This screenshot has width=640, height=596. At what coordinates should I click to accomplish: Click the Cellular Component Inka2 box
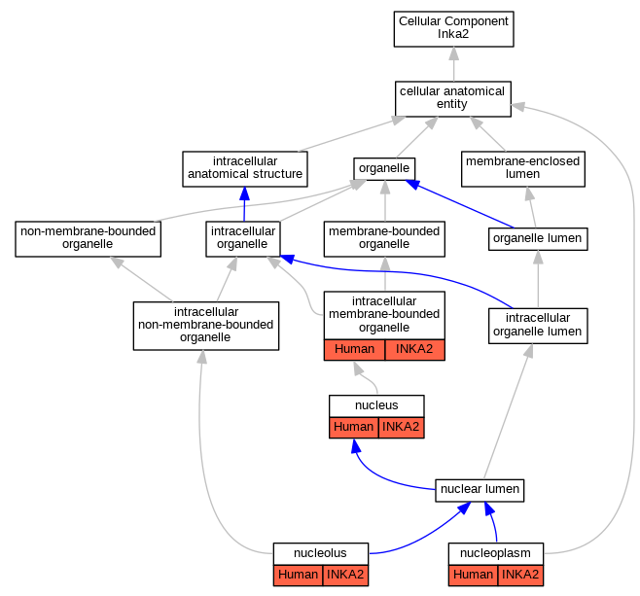453,29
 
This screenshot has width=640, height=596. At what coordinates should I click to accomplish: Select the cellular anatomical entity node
453,99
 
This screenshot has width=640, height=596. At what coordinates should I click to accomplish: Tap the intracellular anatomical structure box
245,169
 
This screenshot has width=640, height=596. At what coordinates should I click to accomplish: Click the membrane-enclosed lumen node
523,169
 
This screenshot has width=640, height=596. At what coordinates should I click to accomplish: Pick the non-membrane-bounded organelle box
89,239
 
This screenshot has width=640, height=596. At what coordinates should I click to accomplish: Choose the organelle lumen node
538,239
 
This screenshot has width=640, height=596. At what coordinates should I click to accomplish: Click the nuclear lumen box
480,490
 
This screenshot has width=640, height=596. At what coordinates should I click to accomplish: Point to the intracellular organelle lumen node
538,326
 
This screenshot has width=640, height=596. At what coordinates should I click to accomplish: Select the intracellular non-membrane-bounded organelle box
206,326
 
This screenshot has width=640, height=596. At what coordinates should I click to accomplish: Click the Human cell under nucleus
354,428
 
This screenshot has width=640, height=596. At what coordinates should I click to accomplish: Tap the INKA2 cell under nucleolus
345,576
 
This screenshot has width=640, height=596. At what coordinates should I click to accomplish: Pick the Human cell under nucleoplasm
473,576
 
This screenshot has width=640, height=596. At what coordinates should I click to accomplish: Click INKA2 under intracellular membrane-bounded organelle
414,350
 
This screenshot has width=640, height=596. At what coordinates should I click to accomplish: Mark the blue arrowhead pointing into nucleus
356,446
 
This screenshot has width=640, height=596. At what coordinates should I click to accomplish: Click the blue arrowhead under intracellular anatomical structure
244,193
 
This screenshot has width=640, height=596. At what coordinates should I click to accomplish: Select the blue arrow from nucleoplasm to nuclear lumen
493,521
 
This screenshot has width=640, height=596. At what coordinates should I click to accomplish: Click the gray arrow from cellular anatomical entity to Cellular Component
453,64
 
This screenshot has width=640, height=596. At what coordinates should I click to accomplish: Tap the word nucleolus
320,553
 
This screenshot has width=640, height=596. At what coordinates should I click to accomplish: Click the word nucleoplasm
495,553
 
